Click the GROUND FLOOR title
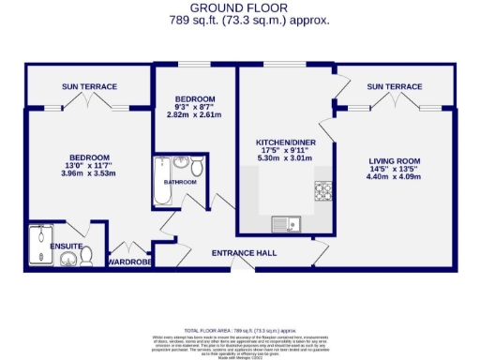pyautogui.click(x=239, y=7)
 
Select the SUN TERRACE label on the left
pyautogui.click(x=89, y=87)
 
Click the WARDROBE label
pyautogui.click(x=130, y=262)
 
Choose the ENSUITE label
pyautogui.click(x=67, y=246)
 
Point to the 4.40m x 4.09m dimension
pyautogui.click(x=393, y=175)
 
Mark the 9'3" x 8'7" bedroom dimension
pyautogui.click(x=196, y=108)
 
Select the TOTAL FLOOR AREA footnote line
pyautogui.click(x=240, y=330)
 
